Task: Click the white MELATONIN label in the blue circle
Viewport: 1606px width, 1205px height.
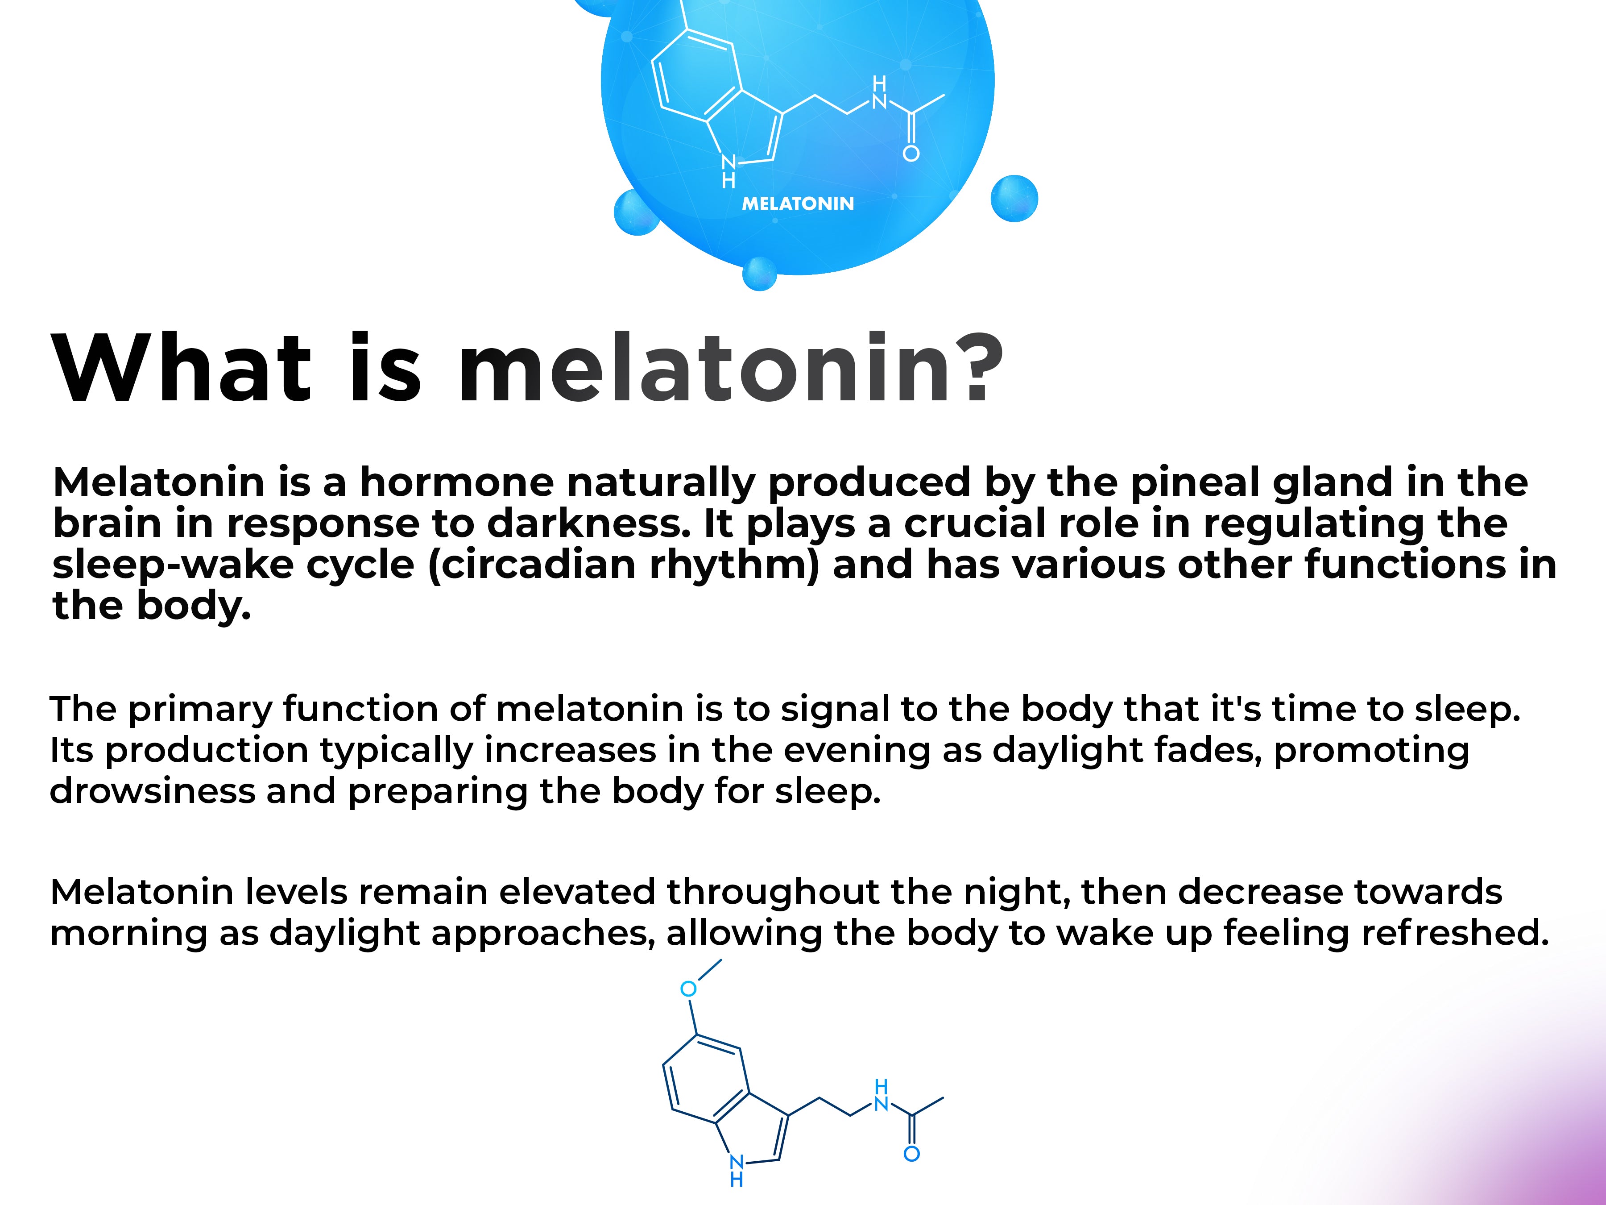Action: (x=798, y=204)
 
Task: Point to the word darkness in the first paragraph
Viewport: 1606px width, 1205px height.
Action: (x=588, y=524)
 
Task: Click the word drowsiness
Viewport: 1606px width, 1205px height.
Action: (x=153, y=791)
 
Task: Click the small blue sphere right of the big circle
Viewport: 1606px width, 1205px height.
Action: (x=1014, y=198)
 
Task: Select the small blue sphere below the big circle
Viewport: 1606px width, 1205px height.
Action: (x=759, y=274)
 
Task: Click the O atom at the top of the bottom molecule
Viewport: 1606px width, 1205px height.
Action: (x=688, y=989)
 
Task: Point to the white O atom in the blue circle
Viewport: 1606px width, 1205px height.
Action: (x=911, y=153)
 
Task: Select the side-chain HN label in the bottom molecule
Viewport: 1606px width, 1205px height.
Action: (x=882, y=1095)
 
